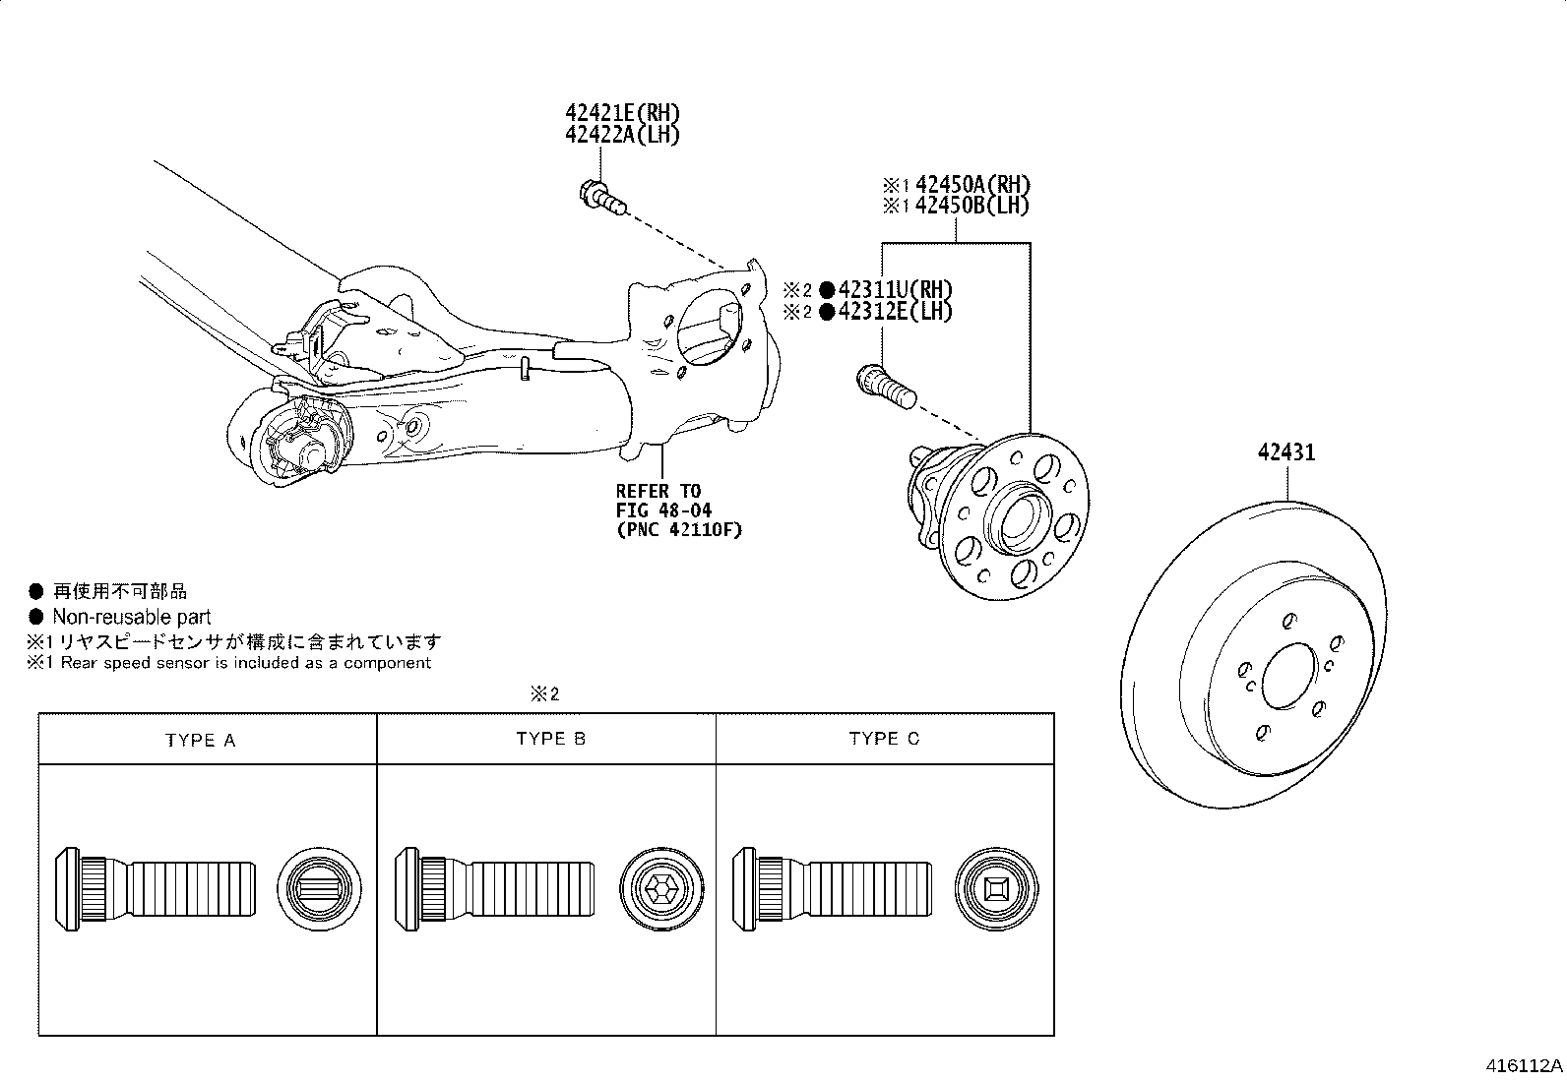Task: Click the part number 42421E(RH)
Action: [622, 113]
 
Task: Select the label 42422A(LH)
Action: [622, 135]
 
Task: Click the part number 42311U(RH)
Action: [895, 290]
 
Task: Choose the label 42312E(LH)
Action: [895, 312]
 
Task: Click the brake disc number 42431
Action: [1285, 453]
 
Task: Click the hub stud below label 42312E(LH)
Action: [887, 387]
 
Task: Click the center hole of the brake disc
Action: [1288, 676]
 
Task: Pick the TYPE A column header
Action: [201, 740]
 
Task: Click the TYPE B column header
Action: [550, 739]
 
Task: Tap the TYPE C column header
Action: [884, 739]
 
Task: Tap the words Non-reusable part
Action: [131, 618]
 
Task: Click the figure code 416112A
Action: [1524, 1066]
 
